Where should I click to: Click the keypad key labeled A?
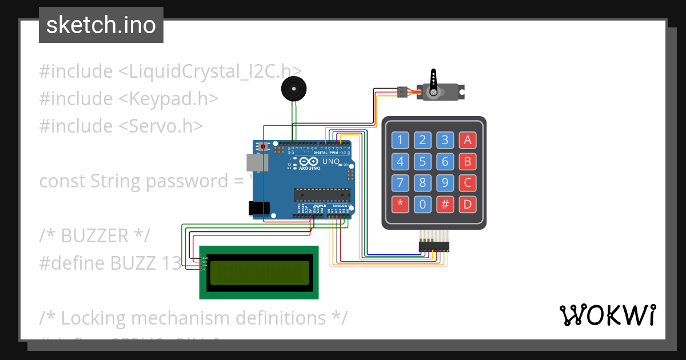click(468, 140)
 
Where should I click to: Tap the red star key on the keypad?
click(400, 204)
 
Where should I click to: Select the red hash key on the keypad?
click(445, 204)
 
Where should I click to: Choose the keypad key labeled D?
click(468, 204)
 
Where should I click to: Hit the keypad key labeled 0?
click(422, 204)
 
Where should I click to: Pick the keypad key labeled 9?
click(445, 183)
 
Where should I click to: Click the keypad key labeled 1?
click(400, 140)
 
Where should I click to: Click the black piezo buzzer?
click(294, 90)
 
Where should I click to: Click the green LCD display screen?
click(259, 273)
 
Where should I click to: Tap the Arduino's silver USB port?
click(257, 163)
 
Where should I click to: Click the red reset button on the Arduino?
click(264, 147)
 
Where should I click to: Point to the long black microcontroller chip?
click(321, 194)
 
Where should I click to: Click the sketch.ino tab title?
click(101, 25)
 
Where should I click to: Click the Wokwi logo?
click(607, 315)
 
